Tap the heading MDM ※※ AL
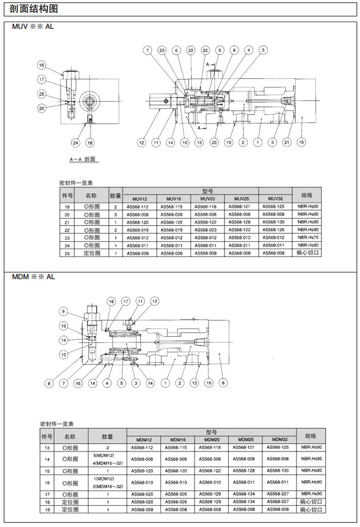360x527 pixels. coord(33,277)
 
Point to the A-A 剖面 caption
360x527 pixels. coord(83,159)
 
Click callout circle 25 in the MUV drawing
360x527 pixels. coord(41,94)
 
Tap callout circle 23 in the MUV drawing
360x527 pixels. coord(161,50)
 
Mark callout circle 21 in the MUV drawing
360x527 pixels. coord(287,142)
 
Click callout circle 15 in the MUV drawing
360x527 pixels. coord(301,142)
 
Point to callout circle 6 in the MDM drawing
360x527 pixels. coord(223,383)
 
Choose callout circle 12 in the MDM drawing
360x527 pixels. coord(155,301)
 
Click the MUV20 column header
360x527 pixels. coord(207,198)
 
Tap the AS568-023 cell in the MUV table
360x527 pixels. coord(207,230)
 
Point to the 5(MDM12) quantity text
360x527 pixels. coord(107,456)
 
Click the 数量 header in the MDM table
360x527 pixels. coord(107,437)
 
